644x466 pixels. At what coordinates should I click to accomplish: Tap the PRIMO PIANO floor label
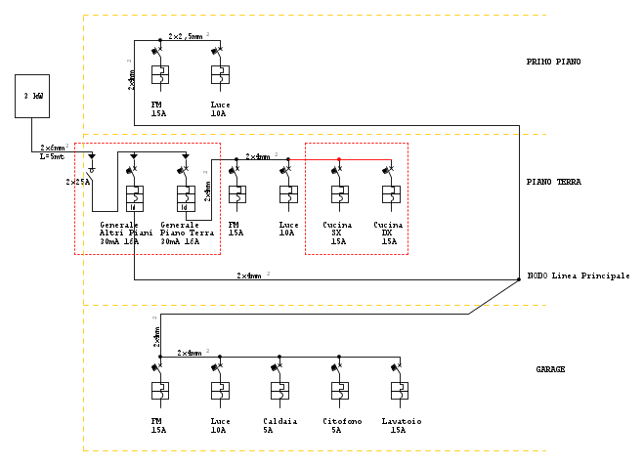tap(553, 62)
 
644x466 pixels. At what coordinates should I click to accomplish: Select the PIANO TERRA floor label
tap(553, 182)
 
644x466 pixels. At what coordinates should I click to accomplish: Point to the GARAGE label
tap(550, 369)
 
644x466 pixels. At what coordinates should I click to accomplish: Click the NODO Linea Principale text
tap(578, 276)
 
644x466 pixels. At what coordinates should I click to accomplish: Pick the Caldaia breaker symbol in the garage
tap(279, 390)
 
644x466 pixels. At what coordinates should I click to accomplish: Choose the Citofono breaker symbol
tap(339, 390)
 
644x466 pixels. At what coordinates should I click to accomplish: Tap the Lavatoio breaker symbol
tap(399, 390)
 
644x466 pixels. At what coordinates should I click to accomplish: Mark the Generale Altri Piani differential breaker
tap(134, 198)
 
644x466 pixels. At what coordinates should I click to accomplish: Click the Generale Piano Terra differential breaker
tap(185, 198)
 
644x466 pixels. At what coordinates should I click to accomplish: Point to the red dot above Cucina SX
tap(339, 159)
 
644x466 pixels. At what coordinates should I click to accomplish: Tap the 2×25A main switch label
tap(77, 182)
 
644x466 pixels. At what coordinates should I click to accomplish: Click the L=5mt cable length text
tap(52, 156)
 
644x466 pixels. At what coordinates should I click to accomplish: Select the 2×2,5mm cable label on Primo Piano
tap(186, 36)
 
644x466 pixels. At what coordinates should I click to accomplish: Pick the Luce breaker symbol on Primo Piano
tap(220, 74)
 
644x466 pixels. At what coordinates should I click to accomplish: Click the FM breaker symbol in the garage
tap(160, 390)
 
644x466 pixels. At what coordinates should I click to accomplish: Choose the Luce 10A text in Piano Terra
tap(288, 230)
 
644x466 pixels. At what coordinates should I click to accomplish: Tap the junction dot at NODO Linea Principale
tap(519, 279)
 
